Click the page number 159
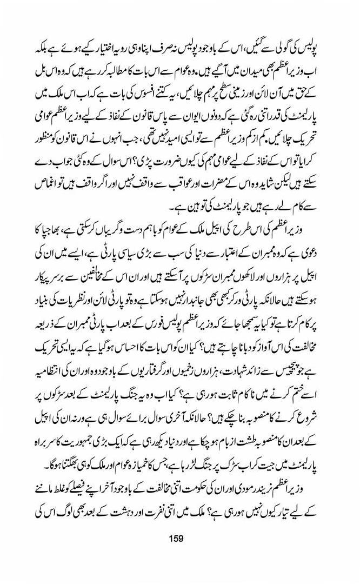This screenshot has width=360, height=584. (177, 538)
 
